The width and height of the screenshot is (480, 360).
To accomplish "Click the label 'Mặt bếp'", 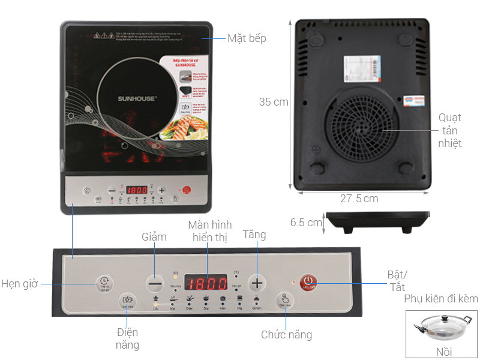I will click(246, 38).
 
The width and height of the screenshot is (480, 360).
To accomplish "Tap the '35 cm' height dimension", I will click(274, 102).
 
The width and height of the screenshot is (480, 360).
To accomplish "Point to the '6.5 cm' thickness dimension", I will click(306, 223).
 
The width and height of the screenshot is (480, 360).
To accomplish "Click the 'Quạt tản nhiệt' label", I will click(450, 130).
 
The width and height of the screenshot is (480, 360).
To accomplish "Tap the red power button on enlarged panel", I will click(308, 281).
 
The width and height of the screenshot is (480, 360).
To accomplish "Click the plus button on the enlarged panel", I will click(257, 282).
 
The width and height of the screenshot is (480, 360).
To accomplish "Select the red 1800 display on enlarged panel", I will click(205, 282).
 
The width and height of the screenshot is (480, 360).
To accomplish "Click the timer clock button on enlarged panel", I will click(104, 282).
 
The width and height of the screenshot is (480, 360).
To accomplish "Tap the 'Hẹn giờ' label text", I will click(19, 283).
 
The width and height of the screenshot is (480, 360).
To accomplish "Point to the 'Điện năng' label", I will click(127, 338).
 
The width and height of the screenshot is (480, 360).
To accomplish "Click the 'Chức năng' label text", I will click(286, 335).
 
